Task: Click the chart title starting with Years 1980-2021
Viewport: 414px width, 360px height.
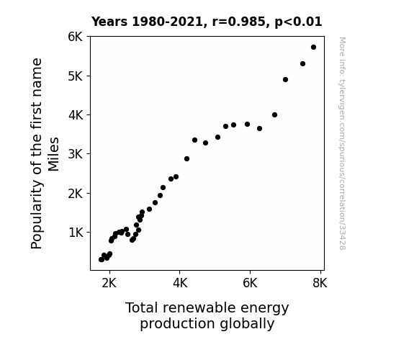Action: click(x=207, y=22)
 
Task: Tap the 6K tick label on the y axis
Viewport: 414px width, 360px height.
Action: click(x=76, y=37)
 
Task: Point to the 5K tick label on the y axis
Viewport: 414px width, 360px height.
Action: click(x=76, y=76)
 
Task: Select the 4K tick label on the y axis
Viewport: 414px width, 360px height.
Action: click(x=76, y=115)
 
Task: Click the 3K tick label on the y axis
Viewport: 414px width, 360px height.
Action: click(x=76, y=154)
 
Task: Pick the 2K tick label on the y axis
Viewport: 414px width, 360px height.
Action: click(x=76, y=194)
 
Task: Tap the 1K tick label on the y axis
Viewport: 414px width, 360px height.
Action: click(x=76, y=233)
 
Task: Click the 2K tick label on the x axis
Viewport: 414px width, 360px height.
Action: click(x=109, y=283)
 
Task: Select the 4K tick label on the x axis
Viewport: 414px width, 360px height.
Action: click(x=180, y=283)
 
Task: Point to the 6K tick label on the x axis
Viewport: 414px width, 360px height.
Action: click(x=250, y=283)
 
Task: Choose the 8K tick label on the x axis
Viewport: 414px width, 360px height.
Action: click(x=320, y=283)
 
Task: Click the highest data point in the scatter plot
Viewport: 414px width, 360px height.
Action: click(x=313, y=48)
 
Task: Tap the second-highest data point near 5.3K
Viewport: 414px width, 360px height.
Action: click(x=302, y=63)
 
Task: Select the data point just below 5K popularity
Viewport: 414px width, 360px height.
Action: click(x=285, y=79)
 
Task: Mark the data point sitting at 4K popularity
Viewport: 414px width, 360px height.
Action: click(x=274, y=115)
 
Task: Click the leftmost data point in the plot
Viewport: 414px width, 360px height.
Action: click(x=101, y=260)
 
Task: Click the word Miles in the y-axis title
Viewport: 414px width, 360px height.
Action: click(x=53, y=154)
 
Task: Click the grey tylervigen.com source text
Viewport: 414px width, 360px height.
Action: click(x=342, y=143)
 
